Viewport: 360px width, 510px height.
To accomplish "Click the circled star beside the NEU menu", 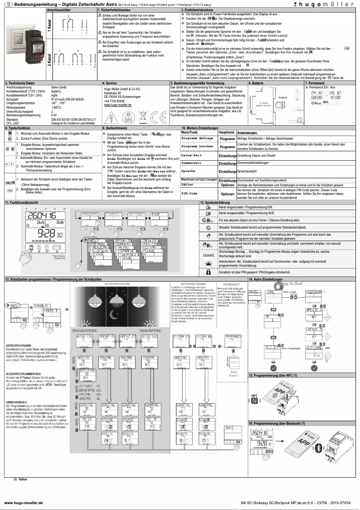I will tap(7, 305).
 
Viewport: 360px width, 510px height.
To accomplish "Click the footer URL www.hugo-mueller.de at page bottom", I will tap(23, 503).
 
